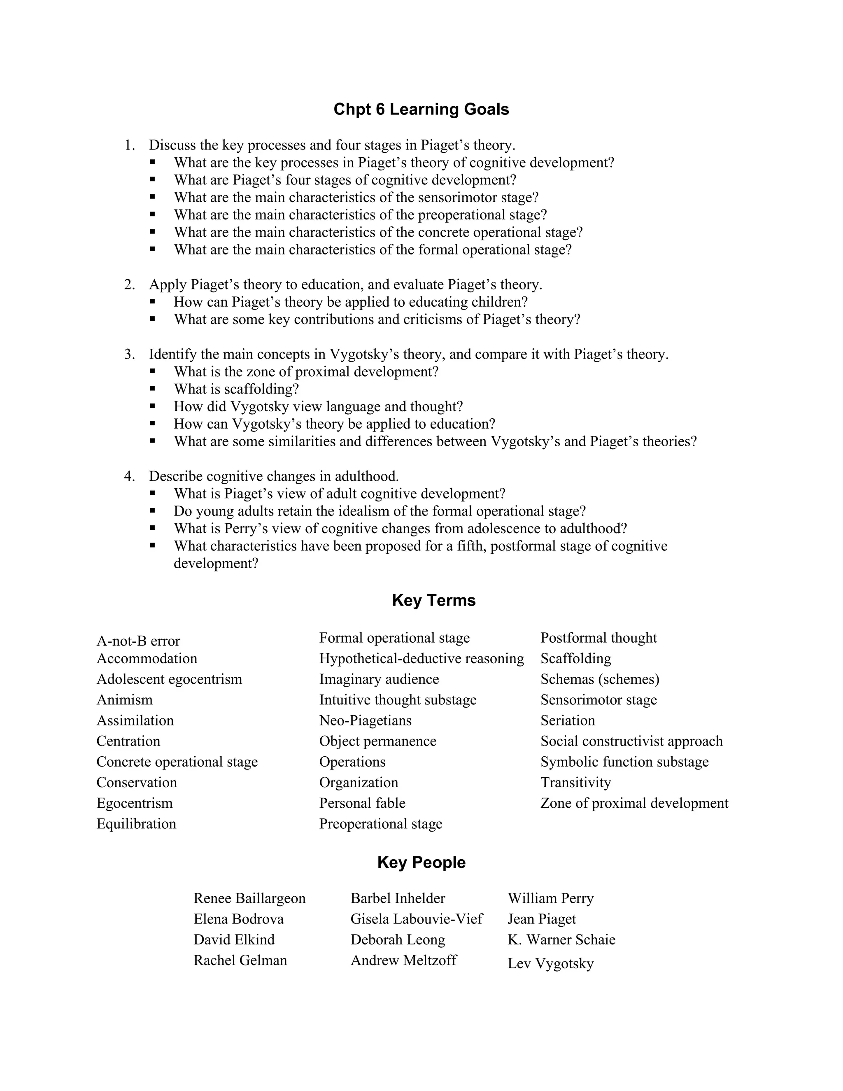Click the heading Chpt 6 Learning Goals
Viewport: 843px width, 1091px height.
421,110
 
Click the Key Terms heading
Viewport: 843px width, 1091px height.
433,600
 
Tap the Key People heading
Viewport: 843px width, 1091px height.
421,862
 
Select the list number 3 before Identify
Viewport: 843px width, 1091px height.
129,354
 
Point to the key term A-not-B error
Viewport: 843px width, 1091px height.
138,641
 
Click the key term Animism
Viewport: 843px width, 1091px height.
124,699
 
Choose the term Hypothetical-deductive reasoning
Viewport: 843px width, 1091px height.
421,658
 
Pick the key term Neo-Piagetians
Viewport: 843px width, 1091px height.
365,720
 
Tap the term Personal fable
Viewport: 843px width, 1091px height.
362,803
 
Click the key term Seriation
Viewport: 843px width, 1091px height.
567,720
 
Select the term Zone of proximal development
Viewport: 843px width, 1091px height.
634,803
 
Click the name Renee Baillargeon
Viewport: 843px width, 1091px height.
249,898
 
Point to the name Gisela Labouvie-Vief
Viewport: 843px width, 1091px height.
417,918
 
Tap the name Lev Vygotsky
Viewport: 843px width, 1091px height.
550,963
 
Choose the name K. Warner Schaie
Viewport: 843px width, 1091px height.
561,939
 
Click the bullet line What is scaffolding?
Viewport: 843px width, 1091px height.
236,389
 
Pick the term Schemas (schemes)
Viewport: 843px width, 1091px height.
600,679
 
